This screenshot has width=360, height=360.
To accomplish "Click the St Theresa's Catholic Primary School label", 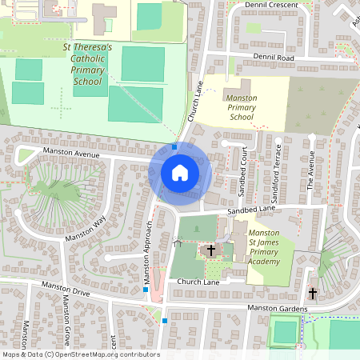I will coord(87,65).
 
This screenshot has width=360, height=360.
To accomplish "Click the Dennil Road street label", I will coord(274,58).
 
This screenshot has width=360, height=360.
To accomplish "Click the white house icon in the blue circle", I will coord(180,172).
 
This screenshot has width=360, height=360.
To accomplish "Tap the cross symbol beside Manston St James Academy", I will coord(211,250).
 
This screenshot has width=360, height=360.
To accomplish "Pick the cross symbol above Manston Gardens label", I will coord(312,294).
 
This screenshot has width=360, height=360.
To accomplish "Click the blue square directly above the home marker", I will coord(174,146).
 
